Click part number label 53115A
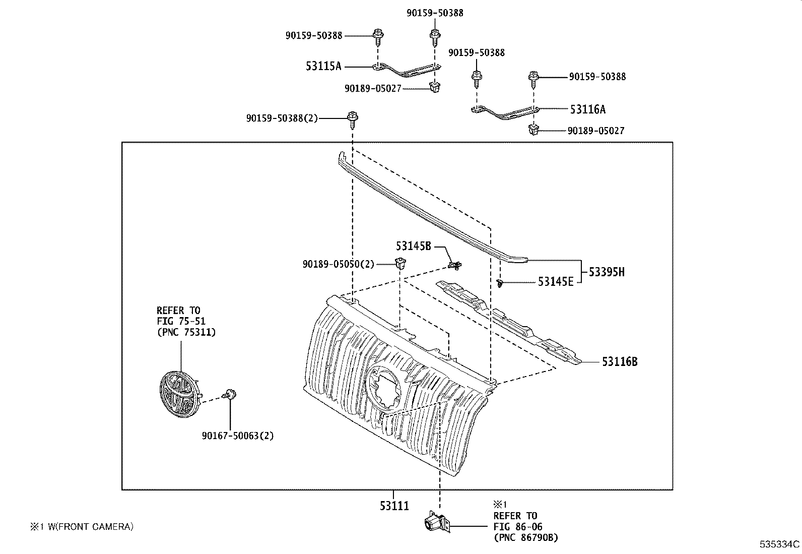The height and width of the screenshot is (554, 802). click(323, 66)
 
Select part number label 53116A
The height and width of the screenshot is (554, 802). click(588, 109)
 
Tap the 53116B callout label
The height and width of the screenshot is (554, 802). click(620, 361)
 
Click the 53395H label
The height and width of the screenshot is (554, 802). click(607, 272)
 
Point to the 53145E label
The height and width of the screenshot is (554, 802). click(555, 282)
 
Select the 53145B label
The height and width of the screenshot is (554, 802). click(413, 246)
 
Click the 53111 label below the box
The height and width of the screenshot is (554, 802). click(394, 506)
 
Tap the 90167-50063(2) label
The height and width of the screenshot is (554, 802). click(237, 436)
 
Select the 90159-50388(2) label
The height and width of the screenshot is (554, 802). click(282, 118)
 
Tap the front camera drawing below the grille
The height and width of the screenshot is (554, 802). click(436, 523)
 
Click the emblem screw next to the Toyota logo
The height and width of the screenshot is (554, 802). click(231, 395)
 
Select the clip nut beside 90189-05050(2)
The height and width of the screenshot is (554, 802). click(400, 263)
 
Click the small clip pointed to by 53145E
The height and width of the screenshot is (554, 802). click(500, 284)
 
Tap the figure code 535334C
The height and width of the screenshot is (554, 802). click(779, 544)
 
